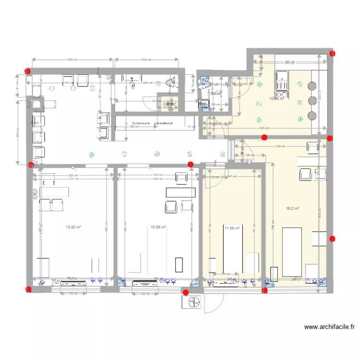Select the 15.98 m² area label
coord(158,228)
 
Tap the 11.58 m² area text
coord(231,228)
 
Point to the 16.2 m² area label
coord(293,208)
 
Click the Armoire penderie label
coord(150,123)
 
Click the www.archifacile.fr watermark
coord(330,327)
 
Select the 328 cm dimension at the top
coord(73,60)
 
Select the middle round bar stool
coord(312,101)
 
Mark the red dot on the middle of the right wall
coord(332,239)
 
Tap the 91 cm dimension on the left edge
coord(18,88)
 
